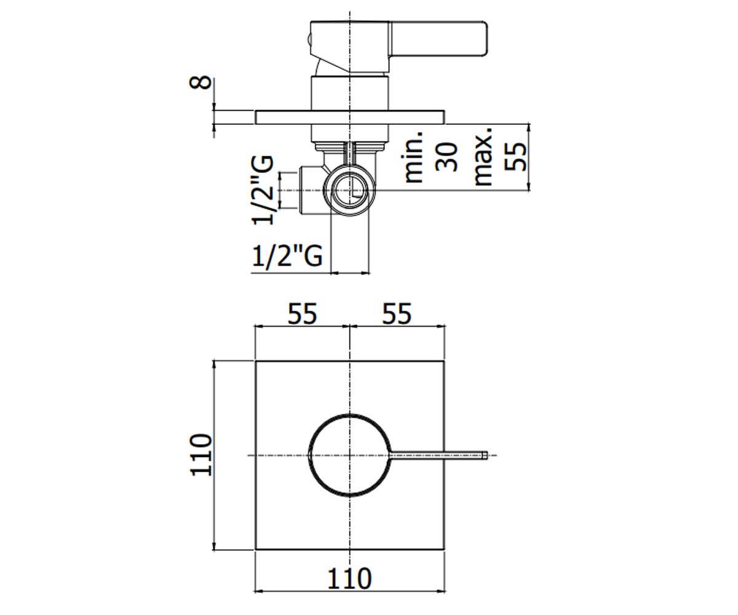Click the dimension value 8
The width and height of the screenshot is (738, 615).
coord(200,82)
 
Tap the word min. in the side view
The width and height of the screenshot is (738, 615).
coord(413,157)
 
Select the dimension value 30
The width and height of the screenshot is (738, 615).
coord(446,157)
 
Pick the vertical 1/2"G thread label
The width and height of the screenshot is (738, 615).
coord(263,190)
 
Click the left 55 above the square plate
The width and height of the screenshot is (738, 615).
coord(303,314)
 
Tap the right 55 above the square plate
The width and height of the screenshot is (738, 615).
coord(397,314)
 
